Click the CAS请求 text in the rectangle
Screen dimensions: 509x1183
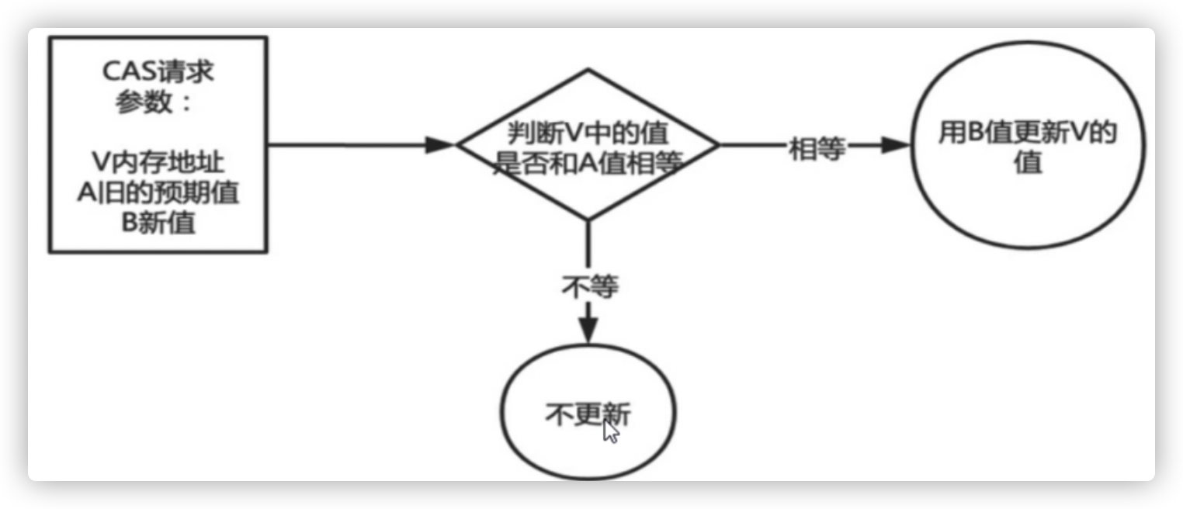click(x=158, y=74)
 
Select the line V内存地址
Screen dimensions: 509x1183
click(x=158, y=163)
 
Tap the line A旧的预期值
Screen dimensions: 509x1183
click(x=158, y=192)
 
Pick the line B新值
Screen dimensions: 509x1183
click(x=158, y=222)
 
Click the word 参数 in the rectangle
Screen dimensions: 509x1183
click(x=144, y=103)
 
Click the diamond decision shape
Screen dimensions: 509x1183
click(x=587, y=93)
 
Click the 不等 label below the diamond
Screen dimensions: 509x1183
click(x=589, y=287)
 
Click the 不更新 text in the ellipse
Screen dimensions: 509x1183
click(x=587, y=415)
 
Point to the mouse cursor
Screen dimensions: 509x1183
click(x=610, y=431)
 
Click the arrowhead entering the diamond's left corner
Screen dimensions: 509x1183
click(x=441, y=144)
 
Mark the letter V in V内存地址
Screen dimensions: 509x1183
click(x=98, y=163)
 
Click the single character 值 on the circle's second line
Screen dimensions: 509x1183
click(x=1026, y=164)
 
